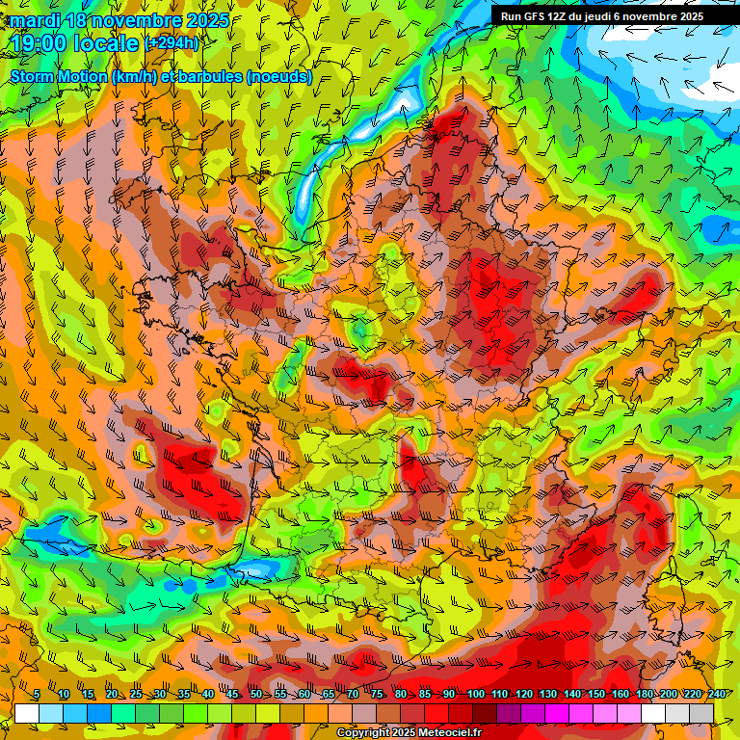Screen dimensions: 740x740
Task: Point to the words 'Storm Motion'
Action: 59,76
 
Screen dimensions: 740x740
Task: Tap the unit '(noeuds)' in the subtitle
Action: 278,76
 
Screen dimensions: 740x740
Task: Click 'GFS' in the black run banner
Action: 537,16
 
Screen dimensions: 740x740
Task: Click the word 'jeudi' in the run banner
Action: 611,16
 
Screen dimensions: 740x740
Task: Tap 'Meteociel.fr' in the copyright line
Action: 445,733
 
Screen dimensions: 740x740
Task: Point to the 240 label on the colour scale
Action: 717,695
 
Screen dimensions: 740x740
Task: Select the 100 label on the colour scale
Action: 475,695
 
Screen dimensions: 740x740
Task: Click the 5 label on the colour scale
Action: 37,695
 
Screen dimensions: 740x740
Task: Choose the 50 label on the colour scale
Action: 255,695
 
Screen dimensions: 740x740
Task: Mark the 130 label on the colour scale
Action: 548,695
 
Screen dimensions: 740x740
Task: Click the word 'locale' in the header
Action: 108,42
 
